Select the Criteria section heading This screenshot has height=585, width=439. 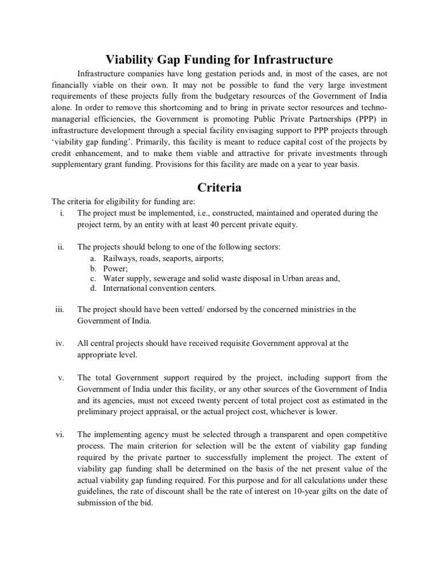[x=219, y=187]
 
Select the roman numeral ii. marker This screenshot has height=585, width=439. [x=59, y=247]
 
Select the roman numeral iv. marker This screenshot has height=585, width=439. [x=59, y=343]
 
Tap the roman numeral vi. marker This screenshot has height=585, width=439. [x=59, y=434]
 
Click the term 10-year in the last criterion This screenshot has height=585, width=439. [x=310, y=491]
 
